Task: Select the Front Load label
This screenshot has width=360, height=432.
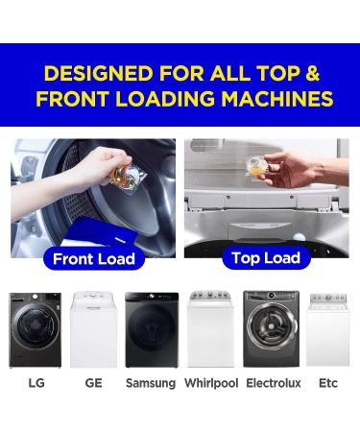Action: (93, 259)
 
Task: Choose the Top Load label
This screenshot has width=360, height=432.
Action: (267, 257)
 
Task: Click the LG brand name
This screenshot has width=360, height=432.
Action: (36, 383)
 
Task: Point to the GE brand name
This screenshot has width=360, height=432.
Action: (93, 383)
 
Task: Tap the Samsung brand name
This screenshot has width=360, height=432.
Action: (151, 383)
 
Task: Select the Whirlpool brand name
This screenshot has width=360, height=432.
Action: (210, 383)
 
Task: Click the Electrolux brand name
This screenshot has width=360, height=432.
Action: (273, 383)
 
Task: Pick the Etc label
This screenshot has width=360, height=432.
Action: (328, 383)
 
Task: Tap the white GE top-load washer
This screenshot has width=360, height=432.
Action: (93, 331)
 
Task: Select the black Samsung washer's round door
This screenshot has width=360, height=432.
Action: (152, 337)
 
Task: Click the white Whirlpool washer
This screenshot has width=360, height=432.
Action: (210, 331)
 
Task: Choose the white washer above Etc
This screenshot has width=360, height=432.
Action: (328, 331)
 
